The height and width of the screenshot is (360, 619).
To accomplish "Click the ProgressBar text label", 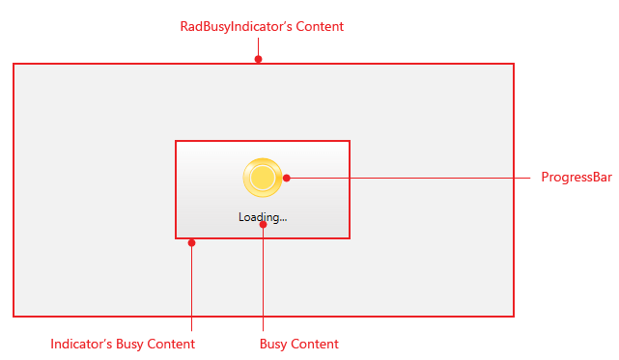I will click(576, 178).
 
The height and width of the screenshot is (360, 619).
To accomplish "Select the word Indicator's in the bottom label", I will click(81, 344).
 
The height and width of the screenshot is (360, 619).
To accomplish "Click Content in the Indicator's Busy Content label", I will click(171, 344).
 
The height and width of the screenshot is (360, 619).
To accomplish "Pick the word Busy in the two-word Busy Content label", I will click(274, 344).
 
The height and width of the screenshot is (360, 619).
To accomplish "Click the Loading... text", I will click(263, 217).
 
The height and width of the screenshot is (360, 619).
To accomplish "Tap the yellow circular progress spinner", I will click(262, 177).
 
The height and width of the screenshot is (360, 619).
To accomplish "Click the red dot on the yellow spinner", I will click(286, 178).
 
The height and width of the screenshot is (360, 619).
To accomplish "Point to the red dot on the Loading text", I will click(263, 224).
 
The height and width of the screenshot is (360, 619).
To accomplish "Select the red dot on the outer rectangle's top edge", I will click(258, 60).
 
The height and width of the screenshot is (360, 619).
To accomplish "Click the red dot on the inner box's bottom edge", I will click(191, 242).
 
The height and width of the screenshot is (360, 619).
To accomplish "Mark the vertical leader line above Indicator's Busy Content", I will click(191, 290).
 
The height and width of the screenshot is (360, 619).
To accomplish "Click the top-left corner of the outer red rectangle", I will click(14, 65).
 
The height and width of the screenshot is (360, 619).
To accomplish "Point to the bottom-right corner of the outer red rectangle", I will click(513, 316).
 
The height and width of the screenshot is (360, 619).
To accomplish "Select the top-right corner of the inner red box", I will click(349, 141).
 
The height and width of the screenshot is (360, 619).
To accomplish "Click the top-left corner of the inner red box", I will click(176, 141).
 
